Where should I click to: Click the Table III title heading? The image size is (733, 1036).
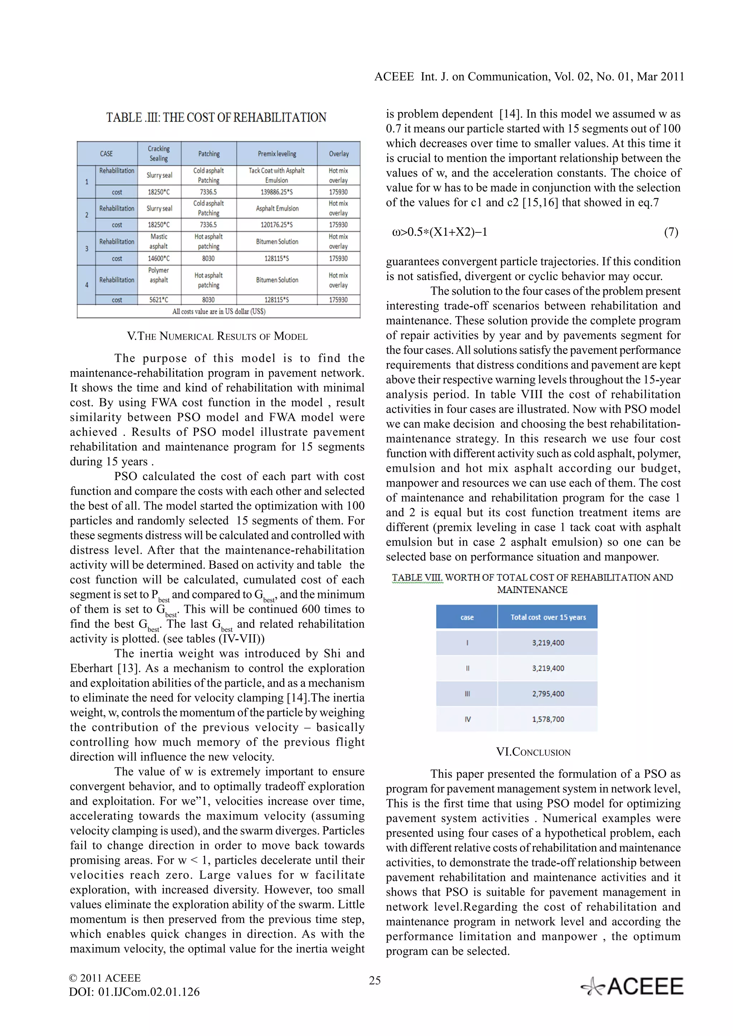(x=216, y=117)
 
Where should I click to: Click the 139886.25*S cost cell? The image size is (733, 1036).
(x=276, y=192)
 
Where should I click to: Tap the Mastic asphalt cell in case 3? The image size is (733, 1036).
(x=159, y=241)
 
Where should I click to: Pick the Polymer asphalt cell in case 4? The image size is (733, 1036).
(x=159, y=275)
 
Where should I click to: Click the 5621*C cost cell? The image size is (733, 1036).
(x=159, y=300)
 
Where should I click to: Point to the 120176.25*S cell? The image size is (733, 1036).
(x=276, y=225)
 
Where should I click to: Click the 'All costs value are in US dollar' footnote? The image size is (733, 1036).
(x=219, y=311)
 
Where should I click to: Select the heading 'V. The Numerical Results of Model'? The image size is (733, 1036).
(x=217, y=336)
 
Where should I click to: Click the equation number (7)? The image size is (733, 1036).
(x=671, y=232)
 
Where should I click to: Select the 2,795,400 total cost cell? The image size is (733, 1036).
(x=548, y=694)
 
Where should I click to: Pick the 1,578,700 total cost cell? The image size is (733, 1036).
(x=548, y=719)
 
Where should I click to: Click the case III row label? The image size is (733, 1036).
(x=467, y=694)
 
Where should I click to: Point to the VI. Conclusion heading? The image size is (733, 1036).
(x=533, y=752)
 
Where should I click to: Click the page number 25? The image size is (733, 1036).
(x=374, y=980)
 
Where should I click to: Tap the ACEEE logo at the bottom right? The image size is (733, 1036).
(x=632, y=986)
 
